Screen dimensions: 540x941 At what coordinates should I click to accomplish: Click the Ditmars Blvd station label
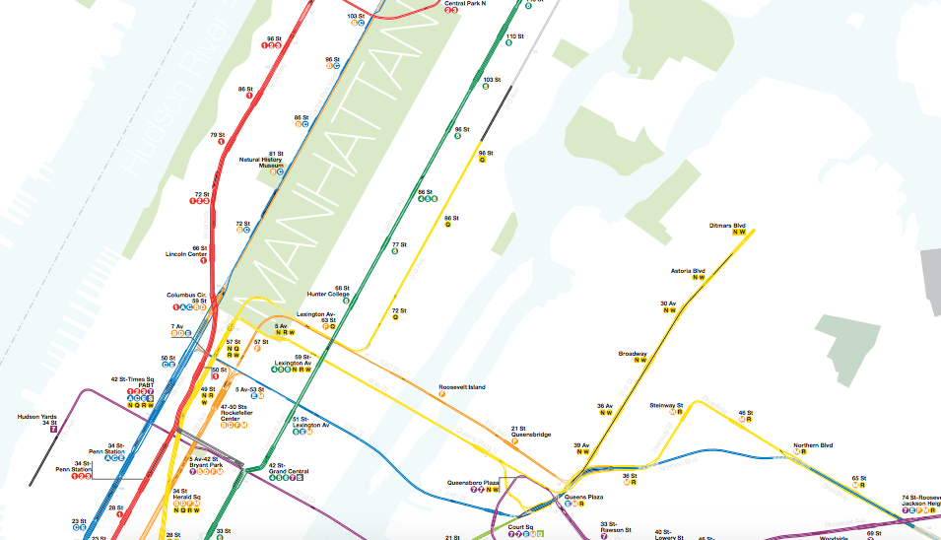point(728,226)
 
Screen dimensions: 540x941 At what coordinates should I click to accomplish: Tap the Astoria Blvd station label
point(688,271)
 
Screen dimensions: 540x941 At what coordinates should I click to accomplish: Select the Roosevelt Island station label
point(462,387)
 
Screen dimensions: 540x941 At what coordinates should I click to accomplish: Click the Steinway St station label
point(666,405)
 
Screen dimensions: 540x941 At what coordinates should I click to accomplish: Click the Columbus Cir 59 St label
point(186,298)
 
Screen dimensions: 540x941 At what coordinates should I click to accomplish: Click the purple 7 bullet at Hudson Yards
point(54,430)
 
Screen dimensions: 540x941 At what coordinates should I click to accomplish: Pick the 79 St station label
point(218,134)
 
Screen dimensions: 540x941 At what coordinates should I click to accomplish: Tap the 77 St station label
point(398,244)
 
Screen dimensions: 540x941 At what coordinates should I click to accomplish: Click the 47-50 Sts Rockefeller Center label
point(233,413)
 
